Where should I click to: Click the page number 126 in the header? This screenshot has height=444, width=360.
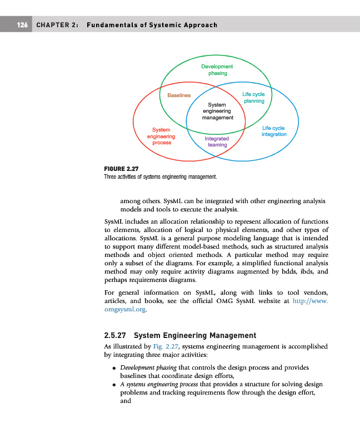click(22, 25)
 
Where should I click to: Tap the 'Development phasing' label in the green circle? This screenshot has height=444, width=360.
click(217, 70)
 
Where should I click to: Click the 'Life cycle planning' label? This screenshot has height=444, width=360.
click(253, 98)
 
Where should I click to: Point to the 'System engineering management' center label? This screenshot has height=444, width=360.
click(217, 111)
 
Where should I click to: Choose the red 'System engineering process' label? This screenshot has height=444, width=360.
click(161, 136)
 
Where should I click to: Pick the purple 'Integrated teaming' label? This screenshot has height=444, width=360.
click(217, 142)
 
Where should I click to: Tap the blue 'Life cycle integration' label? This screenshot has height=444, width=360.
click(274, 131)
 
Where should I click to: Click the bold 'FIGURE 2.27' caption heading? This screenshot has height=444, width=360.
click(121, 169)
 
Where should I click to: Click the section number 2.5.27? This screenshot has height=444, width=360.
click(116, 335)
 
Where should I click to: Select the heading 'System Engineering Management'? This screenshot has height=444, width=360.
click(195, 335)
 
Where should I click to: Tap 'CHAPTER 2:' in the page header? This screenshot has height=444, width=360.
click(57, 25)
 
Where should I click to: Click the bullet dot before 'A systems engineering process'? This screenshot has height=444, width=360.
click(113, 385)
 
